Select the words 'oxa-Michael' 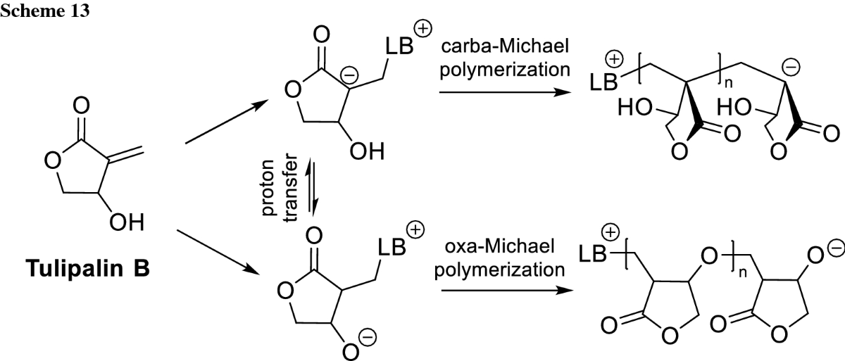pyautogui.click(x=490, y=247)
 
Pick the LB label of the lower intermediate pyautogui.click(x=394, y=247)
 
